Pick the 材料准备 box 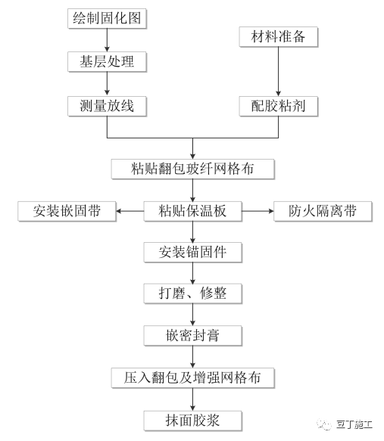[279, 36]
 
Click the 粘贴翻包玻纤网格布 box [193, 168]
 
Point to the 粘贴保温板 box [193, 210]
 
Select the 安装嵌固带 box [69, 210]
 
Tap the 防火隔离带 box [322, 210]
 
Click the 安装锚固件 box [193, 251]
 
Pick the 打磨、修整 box [193, 293]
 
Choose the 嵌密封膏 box [193, 334]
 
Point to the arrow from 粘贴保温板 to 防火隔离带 [257, 210]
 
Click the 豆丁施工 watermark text [355, 425]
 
